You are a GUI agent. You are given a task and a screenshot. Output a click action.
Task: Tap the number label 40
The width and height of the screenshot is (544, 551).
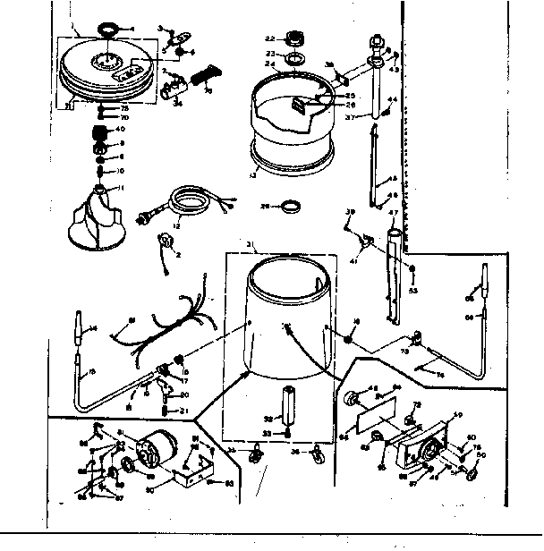119,129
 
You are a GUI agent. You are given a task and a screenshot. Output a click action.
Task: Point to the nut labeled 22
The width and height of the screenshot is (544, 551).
293,40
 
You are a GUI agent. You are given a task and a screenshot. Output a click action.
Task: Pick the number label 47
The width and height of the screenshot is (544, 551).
392,213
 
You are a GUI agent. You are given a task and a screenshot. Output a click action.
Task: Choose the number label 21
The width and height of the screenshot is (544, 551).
183,411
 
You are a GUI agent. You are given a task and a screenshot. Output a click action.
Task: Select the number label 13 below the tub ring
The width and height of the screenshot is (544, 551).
259,177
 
